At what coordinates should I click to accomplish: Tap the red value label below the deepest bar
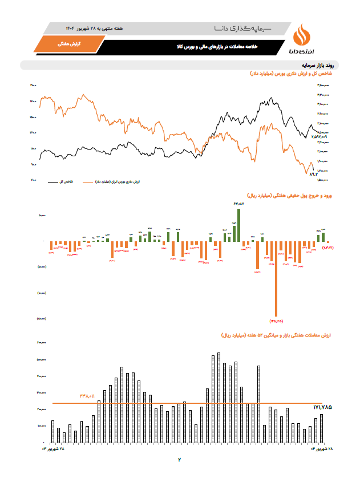pyautogui.click(x=276, y=321)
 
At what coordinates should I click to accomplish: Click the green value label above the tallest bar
pyautogui.click(x=238, y=204)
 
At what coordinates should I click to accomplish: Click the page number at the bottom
pyautogui.click(x=179, y=459)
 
